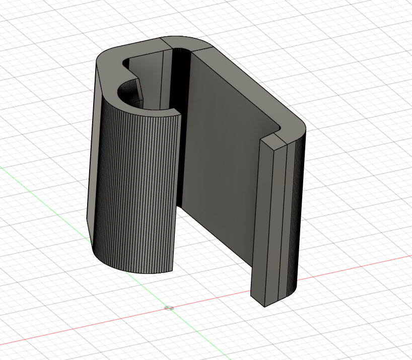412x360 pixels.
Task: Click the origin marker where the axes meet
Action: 169,307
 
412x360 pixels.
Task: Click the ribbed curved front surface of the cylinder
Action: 136,191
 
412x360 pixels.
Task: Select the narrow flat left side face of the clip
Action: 93,151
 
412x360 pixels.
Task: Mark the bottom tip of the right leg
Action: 264,305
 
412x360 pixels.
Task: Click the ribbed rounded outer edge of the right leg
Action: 295,217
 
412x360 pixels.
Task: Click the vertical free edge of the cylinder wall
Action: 177,191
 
